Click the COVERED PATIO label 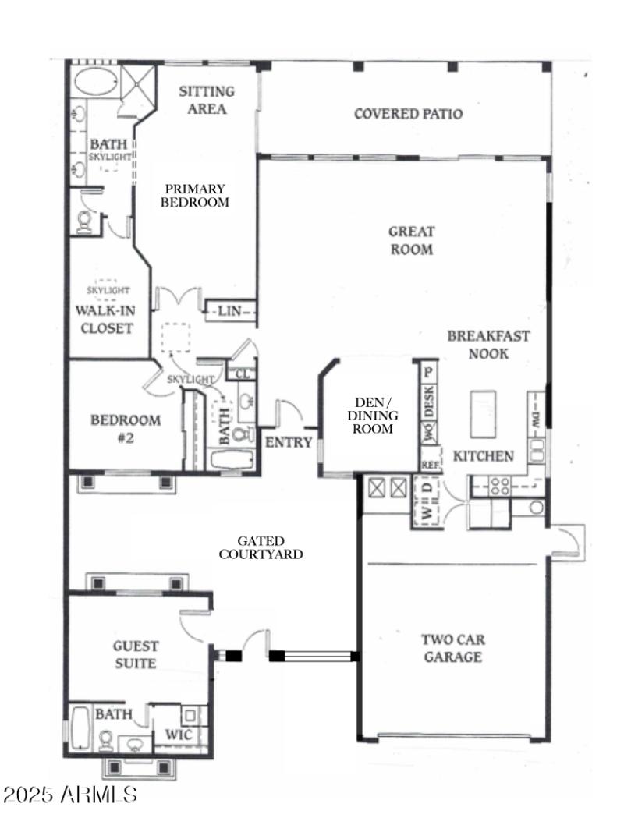(x=408, y=114)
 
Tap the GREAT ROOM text (x=411, y=240)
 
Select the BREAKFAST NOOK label (x=488, y=345)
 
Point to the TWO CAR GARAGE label (x=452, y=648)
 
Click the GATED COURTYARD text (x=261, y=547)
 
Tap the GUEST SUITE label (x=135, y=655)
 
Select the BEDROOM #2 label (x=126, y=429)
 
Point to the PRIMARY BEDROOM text (x=194, y=195)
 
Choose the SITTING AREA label (x=207, y=101)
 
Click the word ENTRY (x=289, y=443)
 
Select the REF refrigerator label (x=430, y=464)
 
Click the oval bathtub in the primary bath (x=93, y=82)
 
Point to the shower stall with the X (x=137, y=83)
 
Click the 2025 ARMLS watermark (x=69, y=795)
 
